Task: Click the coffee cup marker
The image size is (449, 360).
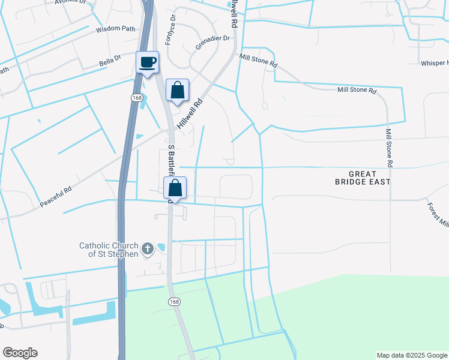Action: [147, 62]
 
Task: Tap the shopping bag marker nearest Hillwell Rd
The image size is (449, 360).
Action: [177, 91]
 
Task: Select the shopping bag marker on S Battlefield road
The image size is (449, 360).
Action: [175, 188]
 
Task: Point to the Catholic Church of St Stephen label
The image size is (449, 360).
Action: [109, 249]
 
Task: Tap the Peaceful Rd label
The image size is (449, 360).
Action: [56, 196]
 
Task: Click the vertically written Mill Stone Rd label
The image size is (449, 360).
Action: [389, 148]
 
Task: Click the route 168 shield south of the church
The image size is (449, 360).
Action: [173, 301]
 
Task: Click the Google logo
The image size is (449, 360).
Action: [20, 353]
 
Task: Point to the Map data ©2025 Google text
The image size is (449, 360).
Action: [411, 355]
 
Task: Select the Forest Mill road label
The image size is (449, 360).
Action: [438, 213]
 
